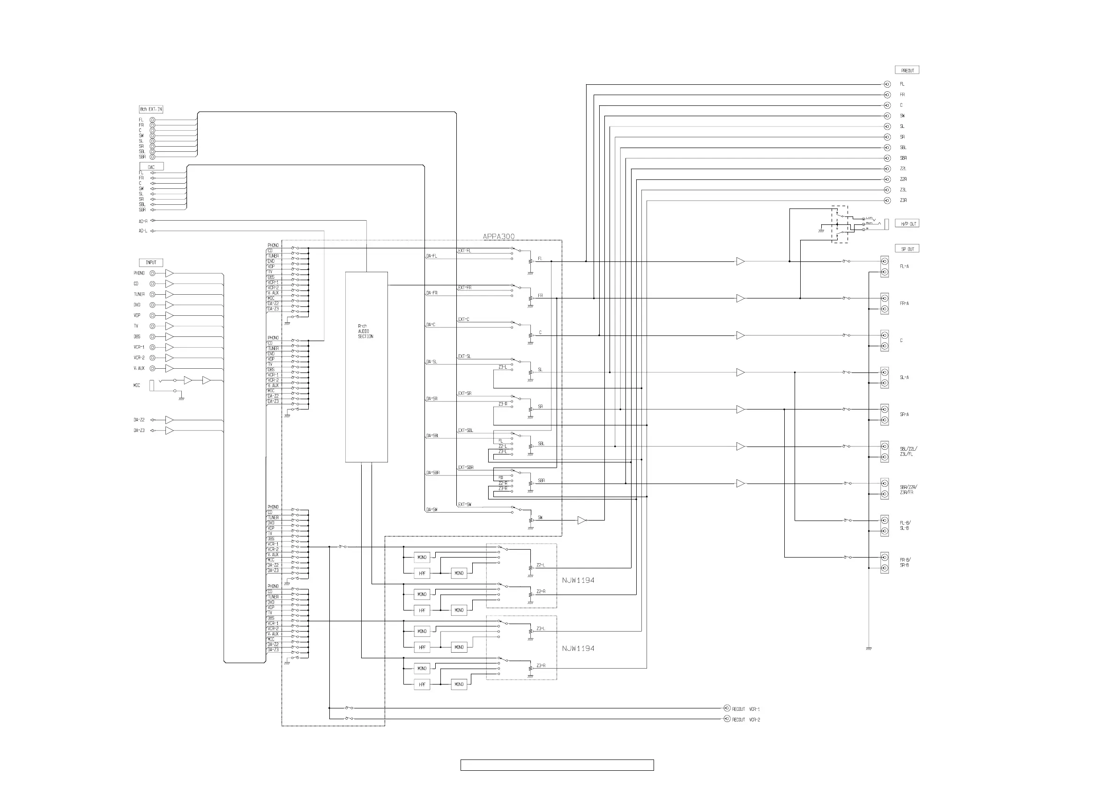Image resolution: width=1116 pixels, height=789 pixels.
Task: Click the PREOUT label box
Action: pyautogui.click(x=907, y=70)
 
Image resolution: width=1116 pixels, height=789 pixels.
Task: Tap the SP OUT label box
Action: pyautogui.click(x=907, y=249)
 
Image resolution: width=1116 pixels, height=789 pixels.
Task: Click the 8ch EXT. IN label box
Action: pyautogui.click(x=151, y=109)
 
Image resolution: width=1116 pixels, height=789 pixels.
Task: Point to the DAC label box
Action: pyautogui.click(x=151, y=167)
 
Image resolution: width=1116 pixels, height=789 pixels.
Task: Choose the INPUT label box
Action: pyautogui.click(x=151, y=262)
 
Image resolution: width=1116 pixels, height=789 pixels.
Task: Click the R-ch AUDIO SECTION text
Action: pyautogui.click(x=365, y=331)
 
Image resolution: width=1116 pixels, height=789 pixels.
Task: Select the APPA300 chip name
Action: pyautogui.click(x=498, y=237)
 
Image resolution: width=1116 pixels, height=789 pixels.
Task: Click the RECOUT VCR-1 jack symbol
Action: pyautogui.click(x=727, y=708)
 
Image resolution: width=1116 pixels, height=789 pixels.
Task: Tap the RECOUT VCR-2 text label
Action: pyautogui.click(x=746, y=720)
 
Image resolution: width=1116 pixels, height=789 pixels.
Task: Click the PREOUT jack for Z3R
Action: pyautogui.click(x=887, y=200)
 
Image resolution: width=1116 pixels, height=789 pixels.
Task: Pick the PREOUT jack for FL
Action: pyautogui.click(x=887, y=84)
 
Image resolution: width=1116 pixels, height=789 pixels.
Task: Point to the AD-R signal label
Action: pyautogui.click(x=142, y=221)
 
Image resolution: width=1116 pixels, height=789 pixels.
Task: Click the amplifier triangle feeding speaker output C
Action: pyautogui.click(x=740, y=335)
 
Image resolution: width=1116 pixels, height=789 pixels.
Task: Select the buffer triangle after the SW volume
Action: pyautogui.click(x=581, y=520)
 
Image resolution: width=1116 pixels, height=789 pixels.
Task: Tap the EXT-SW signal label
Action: pyautogui.click(x=465, y=505)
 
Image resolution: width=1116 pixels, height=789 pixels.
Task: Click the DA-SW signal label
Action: pyautogui.click(x=432, y=509)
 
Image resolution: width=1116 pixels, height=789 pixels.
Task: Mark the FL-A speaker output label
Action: pyautogui.click(x=904, y=267)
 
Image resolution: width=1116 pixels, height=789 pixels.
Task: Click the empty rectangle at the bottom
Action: pyautogui.click(x=557, y=765)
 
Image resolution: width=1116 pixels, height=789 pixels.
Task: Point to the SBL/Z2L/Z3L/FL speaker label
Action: pyautogui.click(x=908, y=451)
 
